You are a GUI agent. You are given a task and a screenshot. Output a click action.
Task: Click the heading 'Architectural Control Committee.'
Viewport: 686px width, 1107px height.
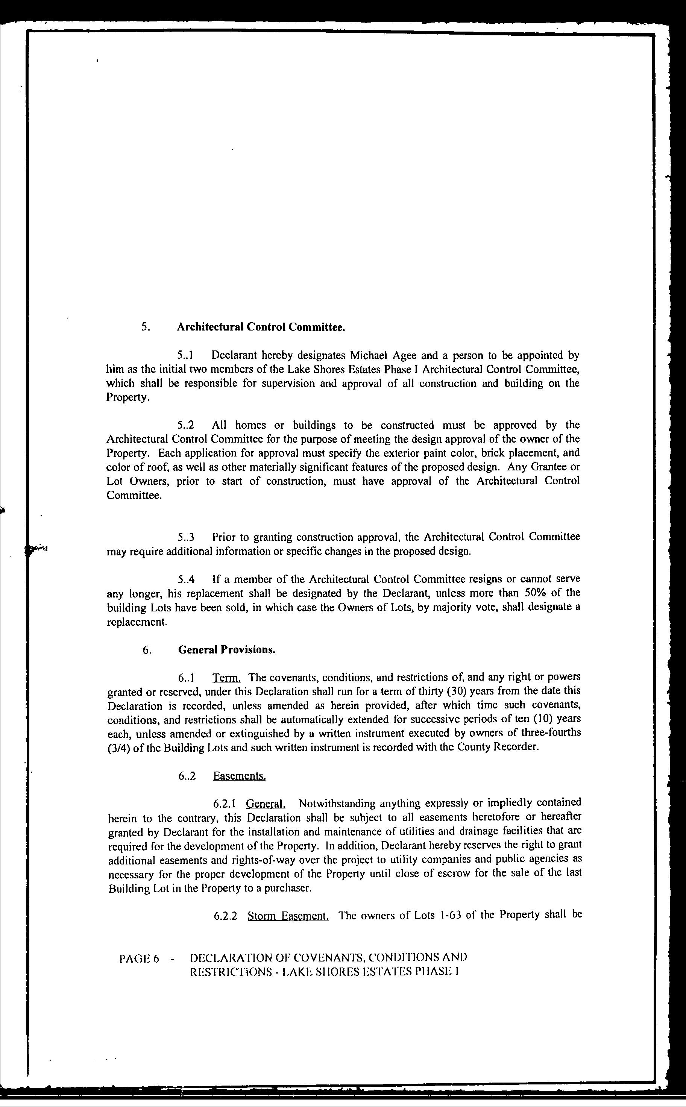(261, 327)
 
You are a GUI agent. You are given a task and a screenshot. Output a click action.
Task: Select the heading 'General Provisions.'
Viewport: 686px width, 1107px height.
(227, 649)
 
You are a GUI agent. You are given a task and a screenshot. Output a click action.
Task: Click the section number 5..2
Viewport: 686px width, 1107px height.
(186, 425)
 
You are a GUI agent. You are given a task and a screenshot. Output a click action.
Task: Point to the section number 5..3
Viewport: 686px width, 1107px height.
(186, 537)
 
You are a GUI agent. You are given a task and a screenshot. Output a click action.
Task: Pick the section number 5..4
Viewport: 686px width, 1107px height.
(186, 579)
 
